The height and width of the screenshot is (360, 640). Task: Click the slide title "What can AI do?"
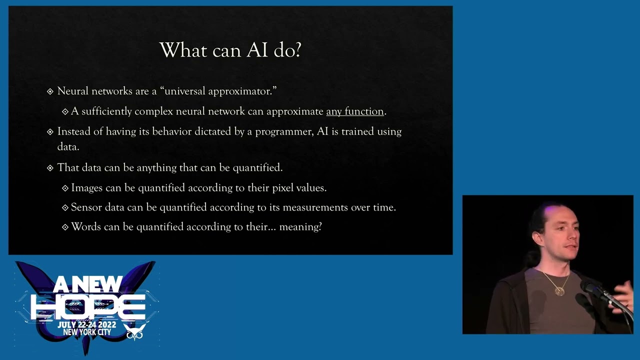point(230,50)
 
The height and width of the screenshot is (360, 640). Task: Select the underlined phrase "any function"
point(354,111)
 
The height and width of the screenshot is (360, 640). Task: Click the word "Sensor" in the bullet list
point(86,207)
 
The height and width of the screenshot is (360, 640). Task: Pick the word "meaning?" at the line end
point(300,227)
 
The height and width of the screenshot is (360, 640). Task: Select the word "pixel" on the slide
point(284,188)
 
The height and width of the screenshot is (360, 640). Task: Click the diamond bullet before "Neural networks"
point(50,91)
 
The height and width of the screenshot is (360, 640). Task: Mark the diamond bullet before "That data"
point(50,168)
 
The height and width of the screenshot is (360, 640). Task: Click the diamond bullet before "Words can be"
point(65,227)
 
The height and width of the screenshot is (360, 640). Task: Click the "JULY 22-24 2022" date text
point(86,325)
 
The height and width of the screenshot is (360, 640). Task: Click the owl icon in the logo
point(135,331)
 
